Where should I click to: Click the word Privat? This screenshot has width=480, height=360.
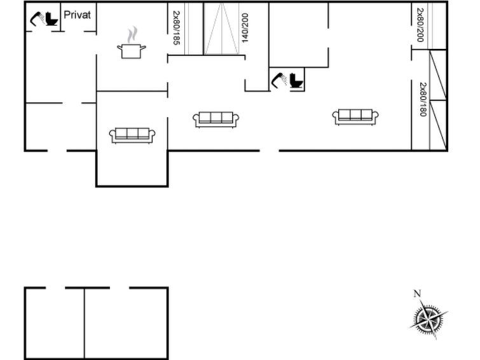pyautogui.click(x=77, y=15)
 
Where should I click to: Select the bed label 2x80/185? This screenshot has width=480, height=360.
pyautogui.click(x=176, y=28)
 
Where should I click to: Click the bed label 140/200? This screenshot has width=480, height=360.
pyautogui.click(x=245, y=27)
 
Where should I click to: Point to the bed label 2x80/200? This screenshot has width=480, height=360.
pyautogui.click(x=420, y=25)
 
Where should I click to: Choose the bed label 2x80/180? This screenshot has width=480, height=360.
pyautogui.click(x=423, y=99)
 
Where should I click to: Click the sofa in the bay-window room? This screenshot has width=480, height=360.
pyautogui.click(x=132, y=135)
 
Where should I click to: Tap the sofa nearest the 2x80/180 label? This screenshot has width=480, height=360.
pyautogui.click(x=355, y=117)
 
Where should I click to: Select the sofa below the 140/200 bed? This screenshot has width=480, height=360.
pyautogui.click(x=216, y=120)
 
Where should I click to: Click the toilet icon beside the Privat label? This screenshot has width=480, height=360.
pyautogui.click(x=51, y=19)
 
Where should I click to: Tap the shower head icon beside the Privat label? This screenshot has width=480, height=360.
pyautogui.click(x=38, y=18)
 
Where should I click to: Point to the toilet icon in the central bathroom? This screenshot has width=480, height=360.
pyautogui.click(x=296, y=81)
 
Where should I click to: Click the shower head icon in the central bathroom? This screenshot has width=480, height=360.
pyautogui.click(x=279, y=80)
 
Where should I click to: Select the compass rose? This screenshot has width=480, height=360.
pyautogui.click(x=429, y=319)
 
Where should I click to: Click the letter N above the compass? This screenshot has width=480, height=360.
pyautogui.click(x=417, y=293)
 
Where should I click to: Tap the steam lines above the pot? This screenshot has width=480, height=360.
pyautogui.click(x=132, y=34)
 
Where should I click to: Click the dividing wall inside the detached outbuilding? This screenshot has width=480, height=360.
pyautogui.click(x=84, y=323)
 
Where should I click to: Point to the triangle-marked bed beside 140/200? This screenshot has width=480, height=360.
pyautogui.click(x=221, y=29)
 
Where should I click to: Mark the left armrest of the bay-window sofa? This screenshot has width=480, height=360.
pyautogui.click(x=112, y=135)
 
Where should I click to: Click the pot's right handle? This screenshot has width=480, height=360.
pyautogui.click(x=143, y=47)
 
